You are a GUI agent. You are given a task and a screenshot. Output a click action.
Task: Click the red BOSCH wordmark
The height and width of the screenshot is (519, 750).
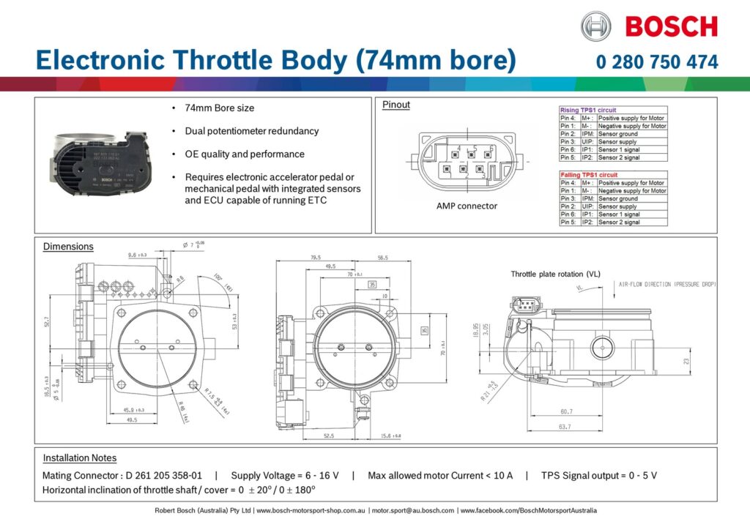(671, 27)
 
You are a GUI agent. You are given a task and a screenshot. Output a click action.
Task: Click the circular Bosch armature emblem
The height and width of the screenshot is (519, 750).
(595, 27)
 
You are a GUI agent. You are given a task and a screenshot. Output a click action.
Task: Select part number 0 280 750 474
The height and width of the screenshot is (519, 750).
(657, 62)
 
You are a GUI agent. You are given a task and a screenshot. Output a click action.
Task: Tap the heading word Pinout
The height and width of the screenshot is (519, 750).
(396, 105)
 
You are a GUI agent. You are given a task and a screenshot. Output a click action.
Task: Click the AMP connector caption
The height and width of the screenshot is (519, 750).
(467, 206)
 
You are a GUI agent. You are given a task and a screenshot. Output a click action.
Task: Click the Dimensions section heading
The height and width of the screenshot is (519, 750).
(68, 246)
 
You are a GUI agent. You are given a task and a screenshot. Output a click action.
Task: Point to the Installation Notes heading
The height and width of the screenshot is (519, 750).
(79, 458)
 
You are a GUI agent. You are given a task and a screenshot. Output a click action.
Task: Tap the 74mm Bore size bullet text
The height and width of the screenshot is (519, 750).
(220, 108)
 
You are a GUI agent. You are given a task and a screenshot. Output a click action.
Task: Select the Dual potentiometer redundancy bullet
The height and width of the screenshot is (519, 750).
(252, 131)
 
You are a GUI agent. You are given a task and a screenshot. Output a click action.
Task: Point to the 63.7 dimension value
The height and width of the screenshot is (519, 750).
(564, 425)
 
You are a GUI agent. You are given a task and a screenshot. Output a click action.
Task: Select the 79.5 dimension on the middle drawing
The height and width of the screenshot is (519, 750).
(316, 258)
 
